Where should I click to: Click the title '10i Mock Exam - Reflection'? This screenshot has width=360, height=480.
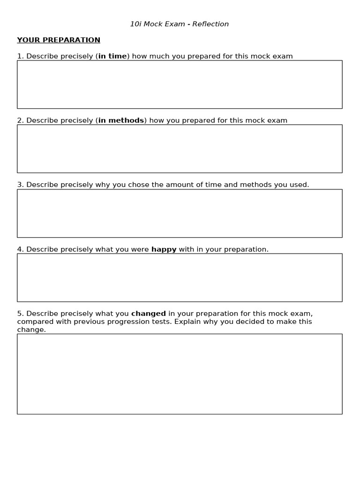point(180,24)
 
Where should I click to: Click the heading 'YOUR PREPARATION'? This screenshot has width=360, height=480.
point(59,40)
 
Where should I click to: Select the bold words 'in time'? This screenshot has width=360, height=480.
point(112,56)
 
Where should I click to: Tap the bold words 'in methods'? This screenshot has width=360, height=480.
point(121,120)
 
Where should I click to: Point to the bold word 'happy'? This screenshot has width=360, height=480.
point(164,249)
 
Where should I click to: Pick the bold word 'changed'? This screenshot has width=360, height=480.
point(148,314)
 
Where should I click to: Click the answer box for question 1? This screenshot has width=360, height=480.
point(180,84)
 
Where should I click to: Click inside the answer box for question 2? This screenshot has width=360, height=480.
point(180,149)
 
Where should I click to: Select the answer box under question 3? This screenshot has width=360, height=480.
point(180,213)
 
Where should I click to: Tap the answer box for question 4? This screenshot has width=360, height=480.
point(180,277)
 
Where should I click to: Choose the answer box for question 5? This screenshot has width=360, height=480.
point(180,374)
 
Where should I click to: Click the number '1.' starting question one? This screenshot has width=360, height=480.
point(20,56)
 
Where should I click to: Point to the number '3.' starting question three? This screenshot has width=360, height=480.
point(20,185)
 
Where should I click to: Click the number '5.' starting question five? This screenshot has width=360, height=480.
point(20,314)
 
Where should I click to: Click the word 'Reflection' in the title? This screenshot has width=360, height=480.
point(210,24)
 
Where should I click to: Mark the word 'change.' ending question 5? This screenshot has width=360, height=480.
point(31,330)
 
